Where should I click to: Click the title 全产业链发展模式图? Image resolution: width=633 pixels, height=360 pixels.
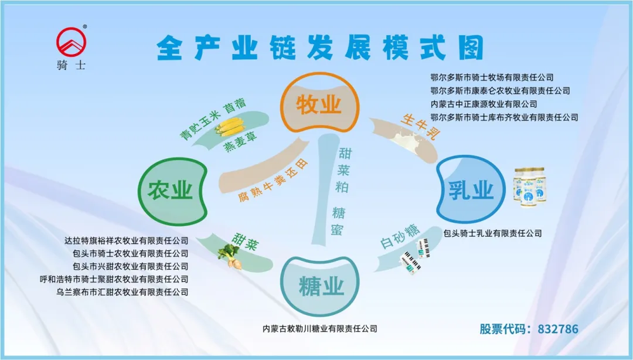[x=320, y=47]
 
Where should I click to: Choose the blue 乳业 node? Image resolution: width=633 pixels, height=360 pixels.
[x=471, y=189]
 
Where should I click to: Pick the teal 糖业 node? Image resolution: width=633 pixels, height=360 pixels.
[x=321, y=287]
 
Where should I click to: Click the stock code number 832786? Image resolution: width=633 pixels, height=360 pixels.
[x=557, y=329]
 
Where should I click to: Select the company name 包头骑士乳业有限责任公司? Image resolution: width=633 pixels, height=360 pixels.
[x=492, y=233]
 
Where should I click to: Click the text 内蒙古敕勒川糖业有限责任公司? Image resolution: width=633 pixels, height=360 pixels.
[x=320, y=329]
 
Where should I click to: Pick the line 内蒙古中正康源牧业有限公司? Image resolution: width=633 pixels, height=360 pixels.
[x=484, y=104]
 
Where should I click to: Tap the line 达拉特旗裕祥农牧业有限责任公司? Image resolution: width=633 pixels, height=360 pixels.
[x=127, y=240]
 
